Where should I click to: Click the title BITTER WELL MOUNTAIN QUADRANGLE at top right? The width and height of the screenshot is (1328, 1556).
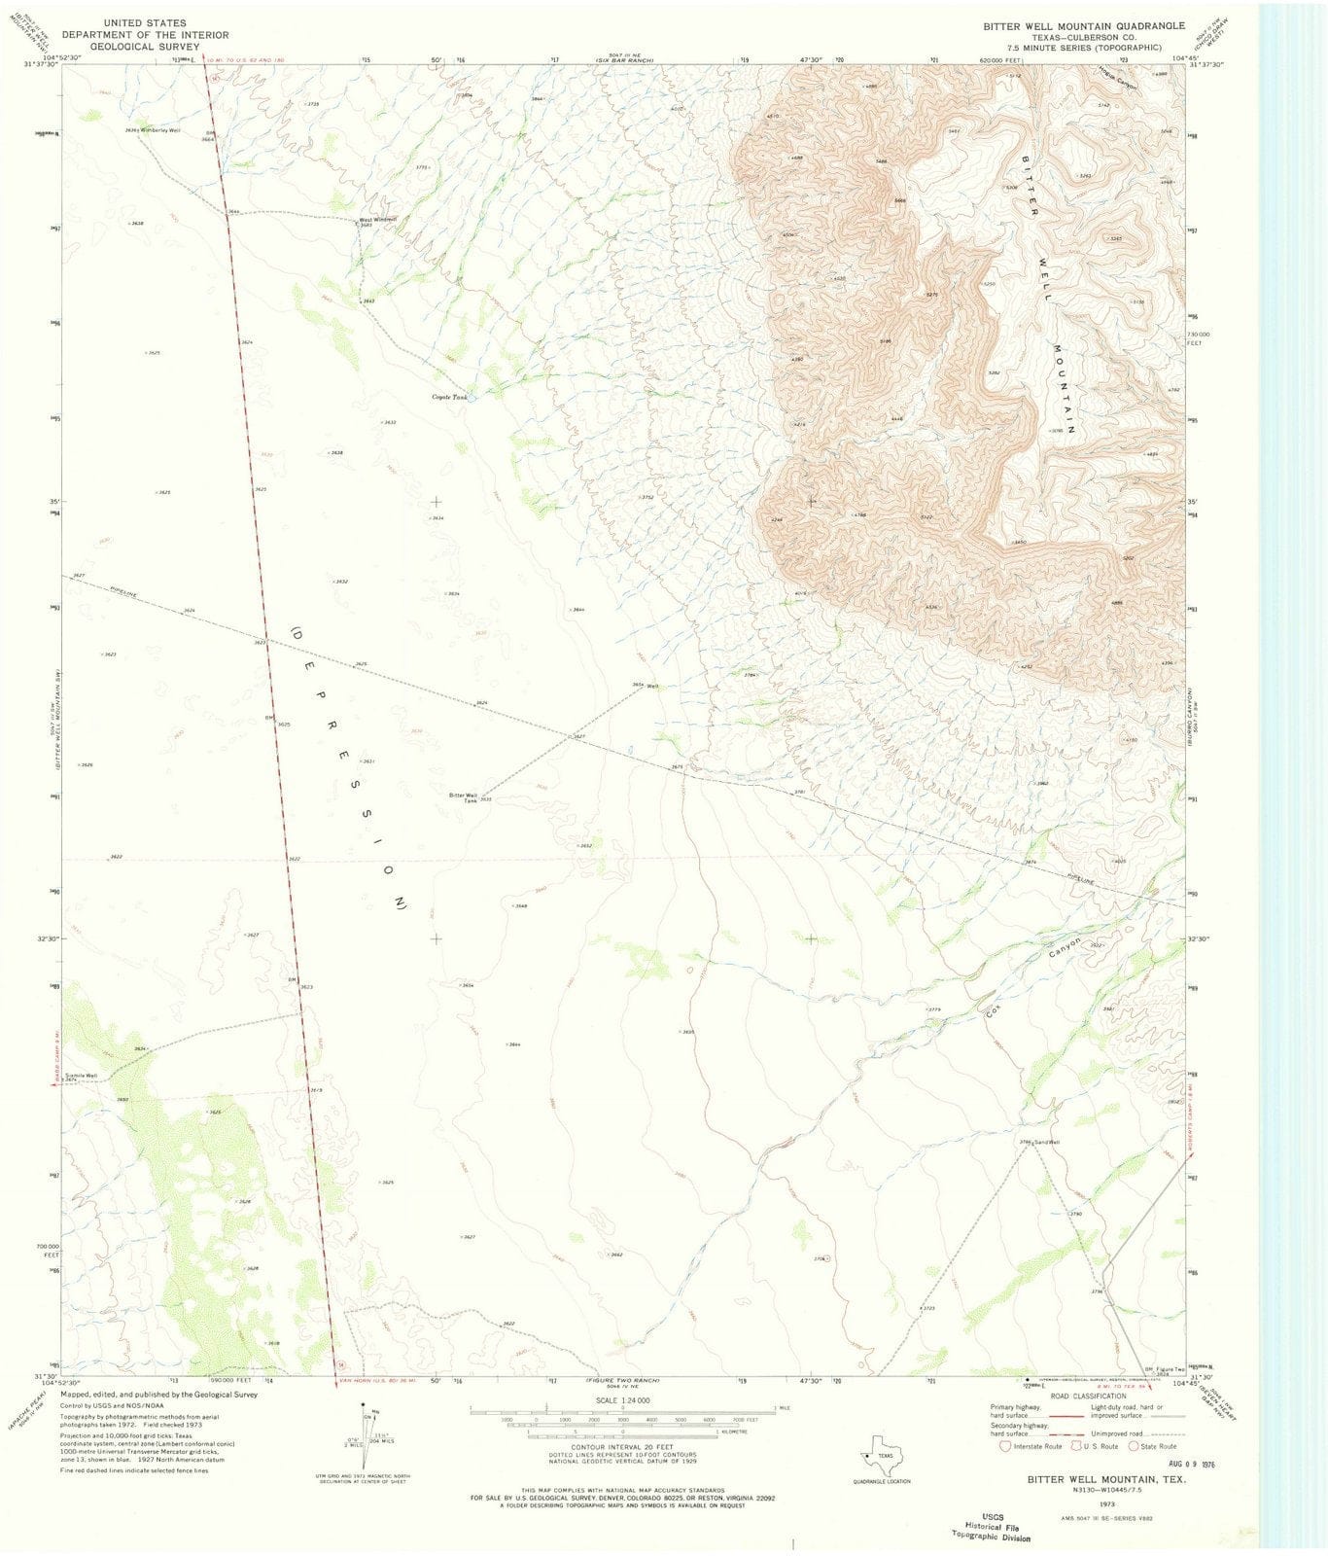(1081, 25)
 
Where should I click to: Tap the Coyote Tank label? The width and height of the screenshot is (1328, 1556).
(450, 397)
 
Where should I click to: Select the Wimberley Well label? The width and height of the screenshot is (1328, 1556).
(160, 129)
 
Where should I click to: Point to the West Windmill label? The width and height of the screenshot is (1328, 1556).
(378, 219)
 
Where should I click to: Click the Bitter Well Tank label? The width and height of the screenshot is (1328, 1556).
(463, 796)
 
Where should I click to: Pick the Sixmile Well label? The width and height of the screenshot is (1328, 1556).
(81, 1075)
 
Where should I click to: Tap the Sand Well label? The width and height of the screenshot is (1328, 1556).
(1046, 1142)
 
